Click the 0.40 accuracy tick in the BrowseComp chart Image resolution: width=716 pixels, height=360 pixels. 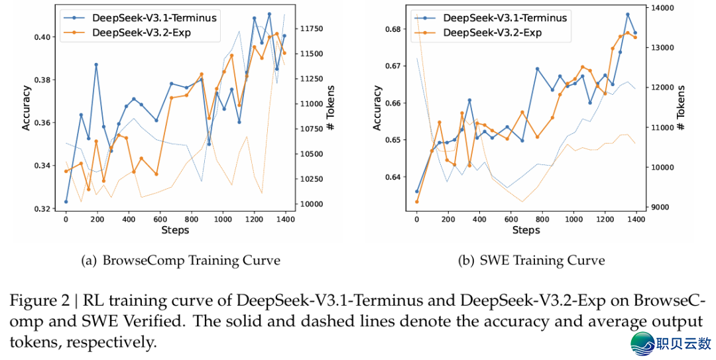pos(42,36)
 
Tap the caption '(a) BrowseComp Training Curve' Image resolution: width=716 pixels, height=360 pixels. pos(180,261)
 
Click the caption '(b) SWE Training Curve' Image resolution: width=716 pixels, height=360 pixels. pos(532,261)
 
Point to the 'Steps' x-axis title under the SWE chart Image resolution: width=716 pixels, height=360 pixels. pos(526,230)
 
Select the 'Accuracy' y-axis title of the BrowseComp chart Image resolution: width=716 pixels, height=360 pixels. pos(27,107)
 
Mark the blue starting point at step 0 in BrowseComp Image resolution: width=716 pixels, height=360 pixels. pos(66,202)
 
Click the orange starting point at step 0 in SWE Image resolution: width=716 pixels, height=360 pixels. pos(417,202)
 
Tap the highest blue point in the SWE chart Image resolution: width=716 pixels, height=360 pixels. pos(627,14)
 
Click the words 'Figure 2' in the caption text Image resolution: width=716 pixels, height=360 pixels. pos(38,300)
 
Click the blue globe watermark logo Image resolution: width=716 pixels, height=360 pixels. pos(642,343)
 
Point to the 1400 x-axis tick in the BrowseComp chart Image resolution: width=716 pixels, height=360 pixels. pos(285,218)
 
